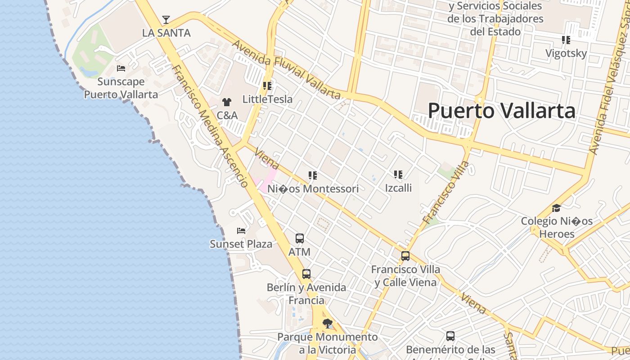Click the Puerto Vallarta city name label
[501, 111]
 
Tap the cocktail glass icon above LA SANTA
[166, 20]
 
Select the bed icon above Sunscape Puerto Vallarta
[121, 68]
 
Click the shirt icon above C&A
[227, 102]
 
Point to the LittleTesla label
[267, 99]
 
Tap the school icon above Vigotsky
[566, 40]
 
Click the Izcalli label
[398, 188]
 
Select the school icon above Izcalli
[398, 174]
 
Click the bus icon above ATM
[300, 238]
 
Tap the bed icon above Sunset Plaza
[241, 231]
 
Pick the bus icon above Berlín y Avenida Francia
[306, 274]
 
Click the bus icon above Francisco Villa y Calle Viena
[405, 256]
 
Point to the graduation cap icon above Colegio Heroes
[557, 208]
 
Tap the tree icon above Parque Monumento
[328, 323]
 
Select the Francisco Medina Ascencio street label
[210, 126]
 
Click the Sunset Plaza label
[241, 244]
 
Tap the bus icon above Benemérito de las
[450, 336]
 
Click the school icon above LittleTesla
[267, 85]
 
